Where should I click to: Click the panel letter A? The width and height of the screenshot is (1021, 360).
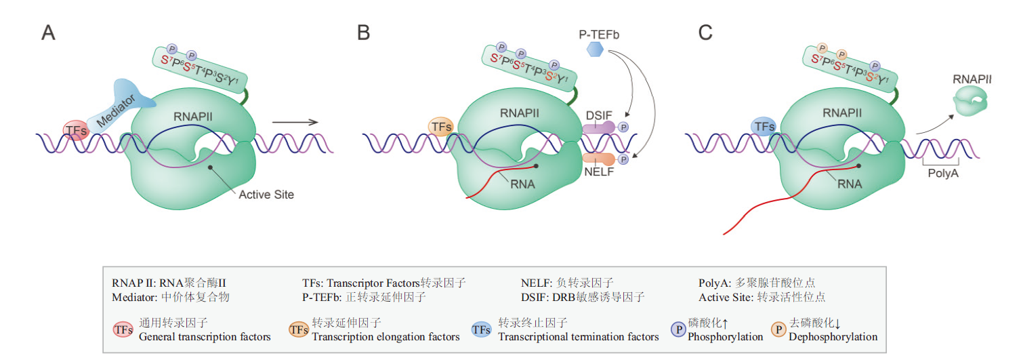click(48, 33)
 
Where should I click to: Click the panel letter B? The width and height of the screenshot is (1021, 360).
click(364, 33)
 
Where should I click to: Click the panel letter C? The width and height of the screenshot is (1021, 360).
click(705, 33)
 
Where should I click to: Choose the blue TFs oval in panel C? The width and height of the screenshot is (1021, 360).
click(764, 126)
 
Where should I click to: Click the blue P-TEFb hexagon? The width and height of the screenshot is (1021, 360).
click(595, 49)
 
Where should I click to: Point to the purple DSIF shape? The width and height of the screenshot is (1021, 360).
click(599, 127)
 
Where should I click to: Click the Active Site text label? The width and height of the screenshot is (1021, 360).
click(266, 195)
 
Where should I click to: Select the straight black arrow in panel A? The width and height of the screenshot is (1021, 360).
click(294, 122)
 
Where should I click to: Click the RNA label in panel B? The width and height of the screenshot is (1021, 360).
click(522, 184)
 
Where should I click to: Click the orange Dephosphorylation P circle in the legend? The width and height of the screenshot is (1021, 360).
click(778, 329)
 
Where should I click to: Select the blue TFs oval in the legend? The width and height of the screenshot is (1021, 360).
click(482, 329)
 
